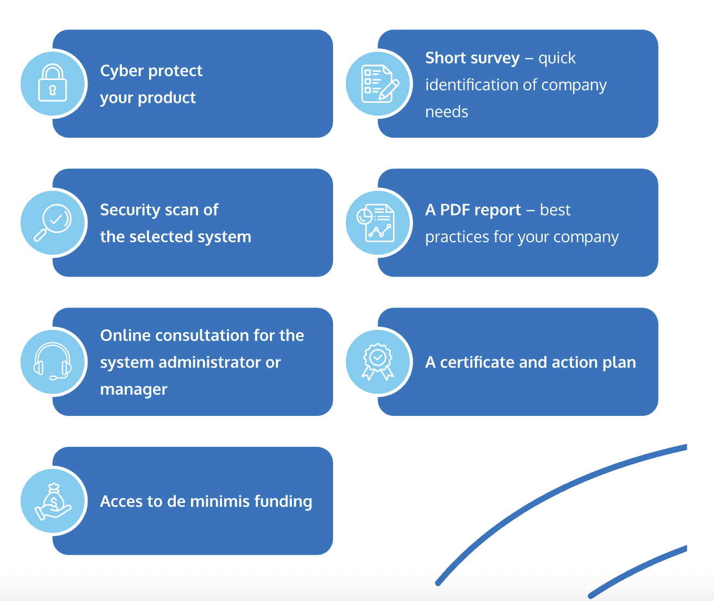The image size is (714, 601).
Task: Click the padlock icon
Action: pyautogui.click(x=52, y=83)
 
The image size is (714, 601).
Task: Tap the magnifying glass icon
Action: pyautogui.click(x=52, y=222)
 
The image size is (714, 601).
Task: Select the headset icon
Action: pyautogui.click(x=52, y=361)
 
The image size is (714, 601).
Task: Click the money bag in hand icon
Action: pyautogui.click(x=52, y=501)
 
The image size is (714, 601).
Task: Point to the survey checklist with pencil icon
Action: pyautogui.click(x=379, y=83)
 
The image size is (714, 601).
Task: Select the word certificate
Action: pyautogui.click(x=477, y=363)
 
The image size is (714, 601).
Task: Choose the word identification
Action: pyautogui.click(x=471, y=85)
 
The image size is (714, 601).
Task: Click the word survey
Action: pyautogui.click(x=496, y=58)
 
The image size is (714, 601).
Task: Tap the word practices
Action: pyautogui.click(x=457, y=237)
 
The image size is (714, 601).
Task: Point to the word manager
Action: pyautogui.click(x=133, y=390)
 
